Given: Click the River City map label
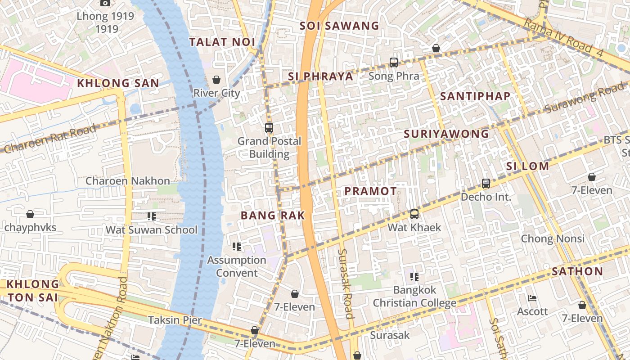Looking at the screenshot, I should (216, 93).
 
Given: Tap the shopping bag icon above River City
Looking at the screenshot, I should (216, 80).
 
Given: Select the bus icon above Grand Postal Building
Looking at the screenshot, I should (269, 128).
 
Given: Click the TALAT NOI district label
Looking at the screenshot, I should (222, 42).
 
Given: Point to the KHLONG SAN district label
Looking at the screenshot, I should (118, 83).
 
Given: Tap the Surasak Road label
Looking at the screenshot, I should (346, 283).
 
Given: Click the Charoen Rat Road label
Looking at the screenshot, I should (49, 139).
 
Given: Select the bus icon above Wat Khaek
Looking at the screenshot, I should (414, 214).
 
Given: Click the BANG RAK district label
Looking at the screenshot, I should (273, 216).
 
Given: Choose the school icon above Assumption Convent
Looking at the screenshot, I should (237, 247).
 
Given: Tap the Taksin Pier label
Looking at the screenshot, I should (175, 320).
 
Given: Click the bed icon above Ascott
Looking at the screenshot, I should (532, 298).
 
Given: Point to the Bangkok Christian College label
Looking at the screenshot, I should (414, 296).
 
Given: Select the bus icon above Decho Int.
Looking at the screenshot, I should (486, 184).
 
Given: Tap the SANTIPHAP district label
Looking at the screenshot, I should (475, 96).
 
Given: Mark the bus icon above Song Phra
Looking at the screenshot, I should (394, 63).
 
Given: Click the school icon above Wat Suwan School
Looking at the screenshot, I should (152, 216).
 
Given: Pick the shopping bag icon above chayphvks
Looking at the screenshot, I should (30, 214).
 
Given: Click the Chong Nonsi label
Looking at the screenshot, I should (553, 238).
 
